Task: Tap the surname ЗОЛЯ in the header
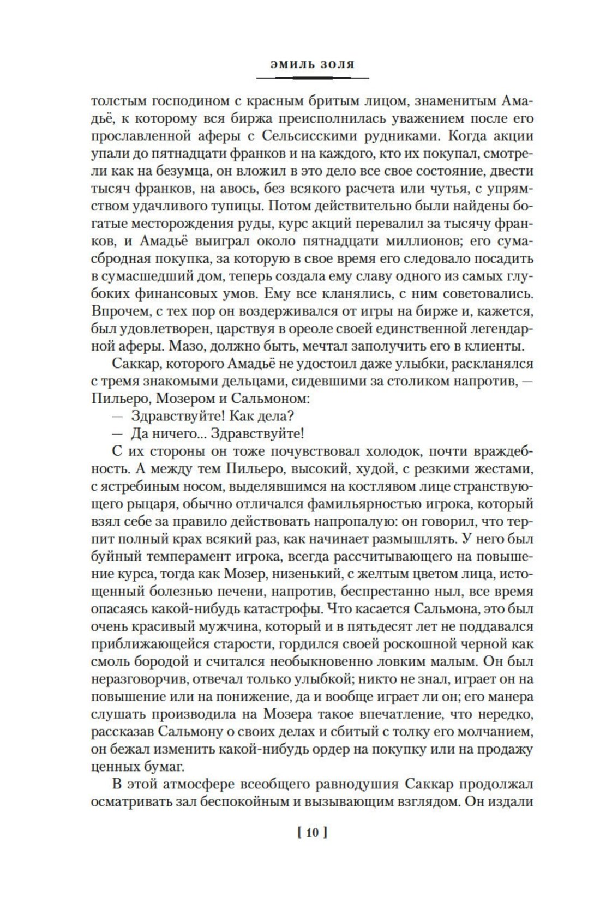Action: click(335, 64)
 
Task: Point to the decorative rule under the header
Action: click(305, 78)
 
